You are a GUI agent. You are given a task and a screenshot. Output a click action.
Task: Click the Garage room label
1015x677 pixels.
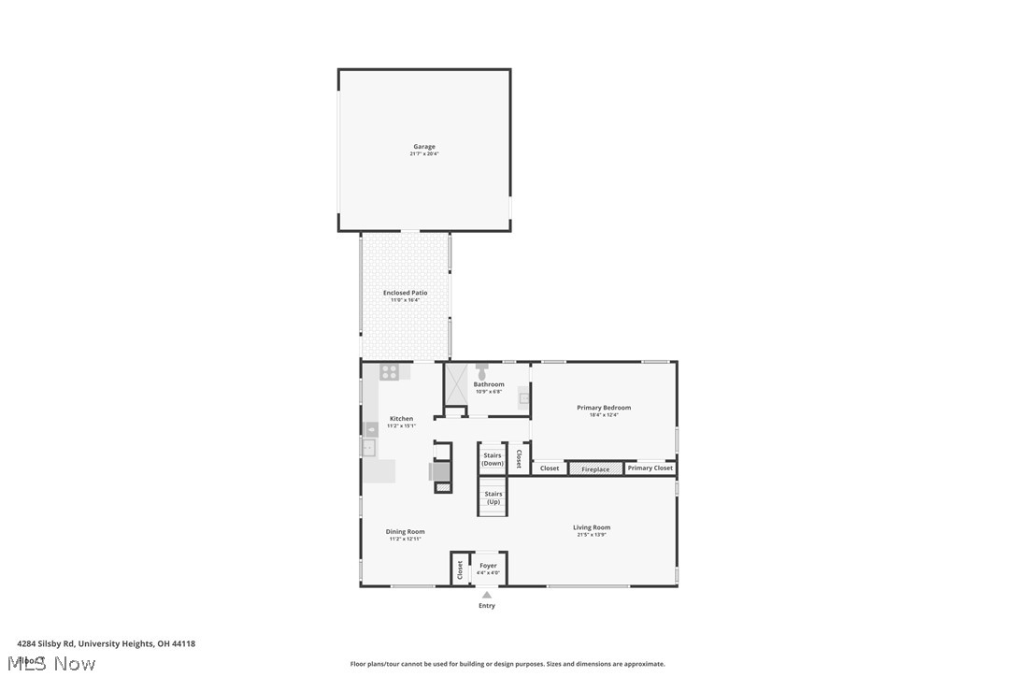pos(424,147)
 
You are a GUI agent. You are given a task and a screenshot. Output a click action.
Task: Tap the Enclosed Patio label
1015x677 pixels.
pos(405,293)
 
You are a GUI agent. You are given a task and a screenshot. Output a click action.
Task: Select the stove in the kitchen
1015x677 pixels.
pos(390,371)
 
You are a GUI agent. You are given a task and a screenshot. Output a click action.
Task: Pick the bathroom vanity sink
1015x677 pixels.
pos(525,398)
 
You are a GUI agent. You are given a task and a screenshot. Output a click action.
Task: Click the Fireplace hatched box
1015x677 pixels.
pos(595,468)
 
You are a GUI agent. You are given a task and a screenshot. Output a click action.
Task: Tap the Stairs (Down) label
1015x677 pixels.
pos(493,459)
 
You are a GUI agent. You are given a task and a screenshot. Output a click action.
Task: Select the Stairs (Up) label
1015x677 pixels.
pos(493,497)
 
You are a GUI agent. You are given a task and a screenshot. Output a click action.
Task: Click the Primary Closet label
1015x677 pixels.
pos(650,468)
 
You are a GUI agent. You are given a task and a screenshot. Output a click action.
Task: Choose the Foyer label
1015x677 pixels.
pos(488,566)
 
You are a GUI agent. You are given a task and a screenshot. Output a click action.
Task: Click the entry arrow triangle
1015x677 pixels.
pos(487,595)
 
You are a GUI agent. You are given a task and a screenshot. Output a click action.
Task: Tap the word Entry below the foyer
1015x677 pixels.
pos(487,606)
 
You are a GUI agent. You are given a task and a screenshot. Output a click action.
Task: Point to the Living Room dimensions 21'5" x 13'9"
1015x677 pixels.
pos(592,535)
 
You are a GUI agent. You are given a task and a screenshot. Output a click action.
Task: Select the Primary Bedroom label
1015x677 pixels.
pos(603,408)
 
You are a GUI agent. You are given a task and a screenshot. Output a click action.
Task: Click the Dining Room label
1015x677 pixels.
pos(406,532)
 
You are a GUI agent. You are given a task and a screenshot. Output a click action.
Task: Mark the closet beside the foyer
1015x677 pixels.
pos(460,569)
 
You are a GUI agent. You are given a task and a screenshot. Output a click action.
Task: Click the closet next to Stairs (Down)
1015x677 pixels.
pos(519,458)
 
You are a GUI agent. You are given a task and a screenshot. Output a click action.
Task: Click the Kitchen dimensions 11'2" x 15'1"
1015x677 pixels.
pos(402,425)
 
